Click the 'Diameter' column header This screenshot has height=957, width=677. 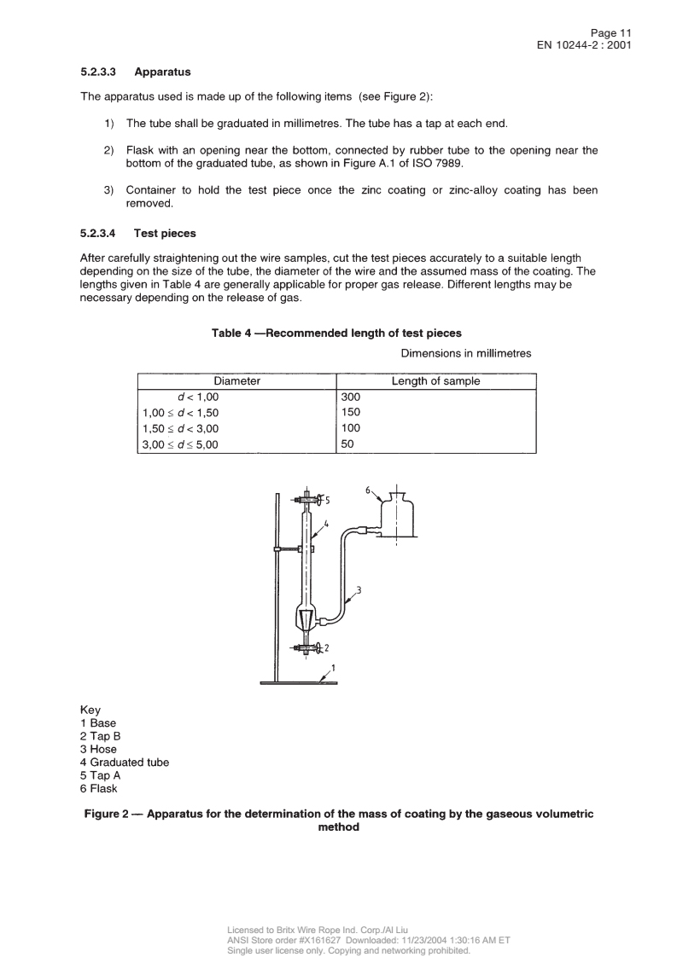pos(236,381)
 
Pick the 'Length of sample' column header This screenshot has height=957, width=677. pos(435,381)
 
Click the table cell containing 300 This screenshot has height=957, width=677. pos(351,397)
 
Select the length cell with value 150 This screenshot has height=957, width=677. pos(351,413)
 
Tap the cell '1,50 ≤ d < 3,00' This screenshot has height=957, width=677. pos(180,428)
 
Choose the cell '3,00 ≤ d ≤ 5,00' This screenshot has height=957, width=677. pos(180,444)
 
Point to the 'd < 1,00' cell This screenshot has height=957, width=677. pos(199,397)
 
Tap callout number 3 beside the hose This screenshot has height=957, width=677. pos(359,589)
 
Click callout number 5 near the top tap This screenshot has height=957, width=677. pos(327,500)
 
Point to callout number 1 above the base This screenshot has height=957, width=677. pos(332,668)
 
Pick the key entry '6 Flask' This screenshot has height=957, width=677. pos(98,789)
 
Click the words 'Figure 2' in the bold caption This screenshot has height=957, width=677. pos(107,815)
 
